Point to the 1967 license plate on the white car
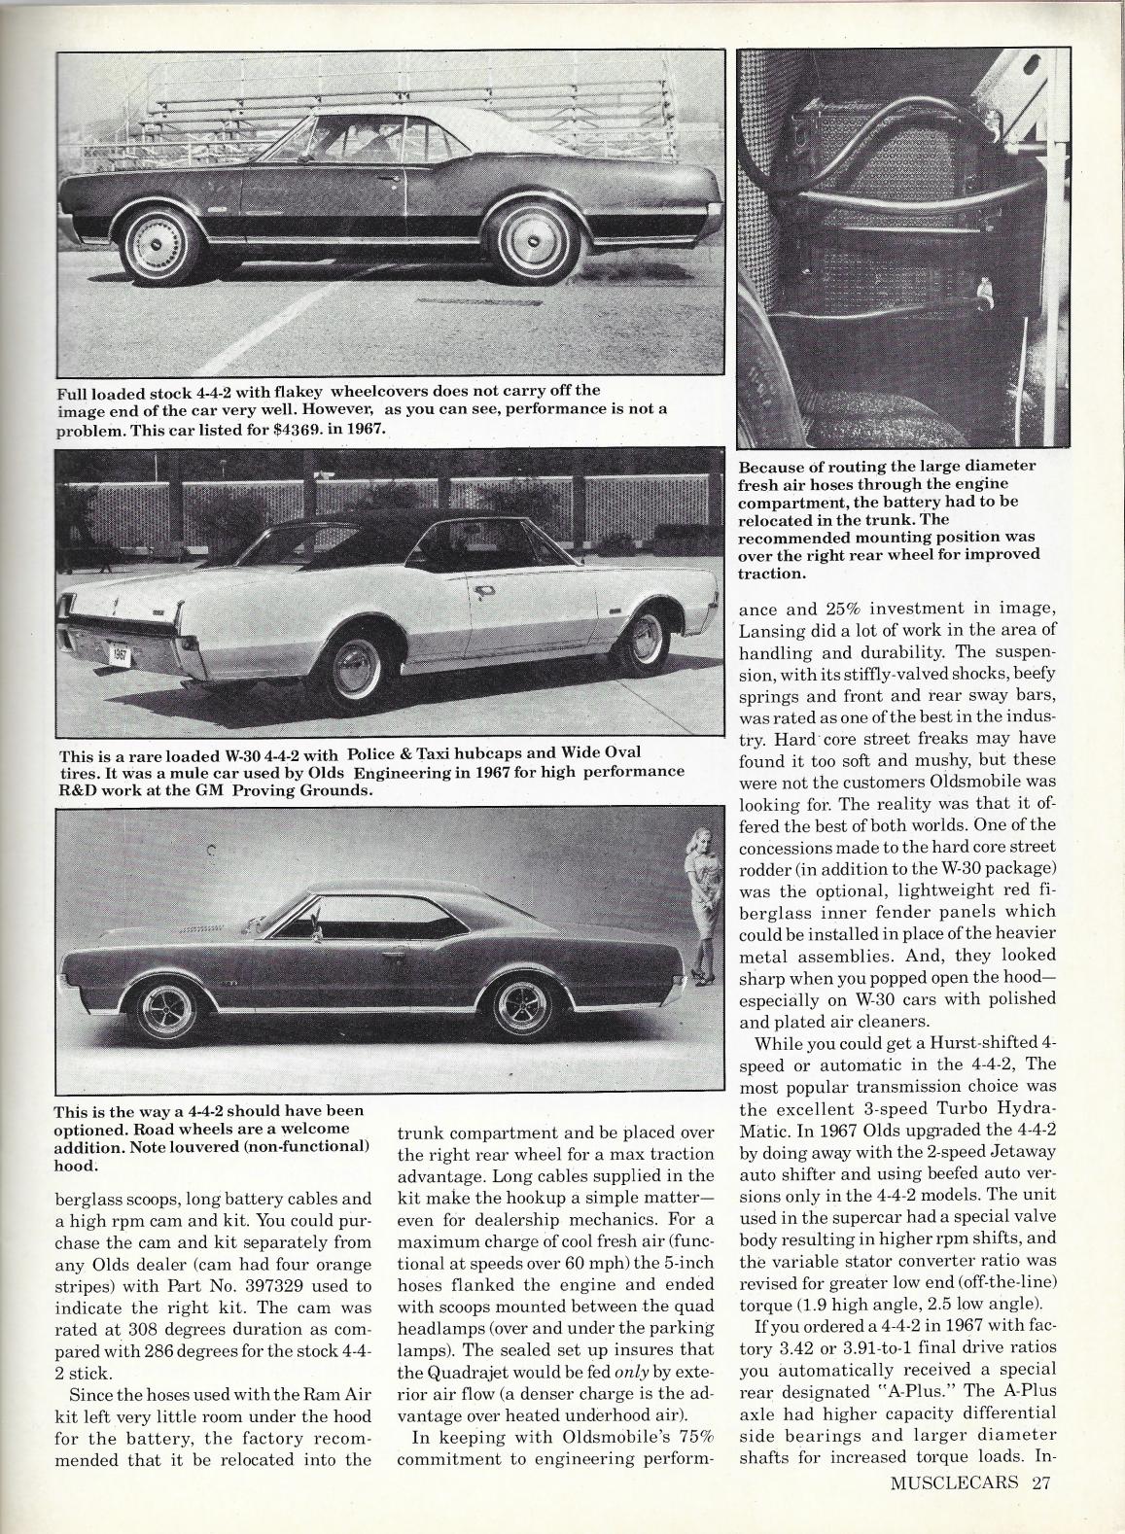pos(120,654)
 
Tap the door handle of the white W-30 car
pos(484,589)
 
